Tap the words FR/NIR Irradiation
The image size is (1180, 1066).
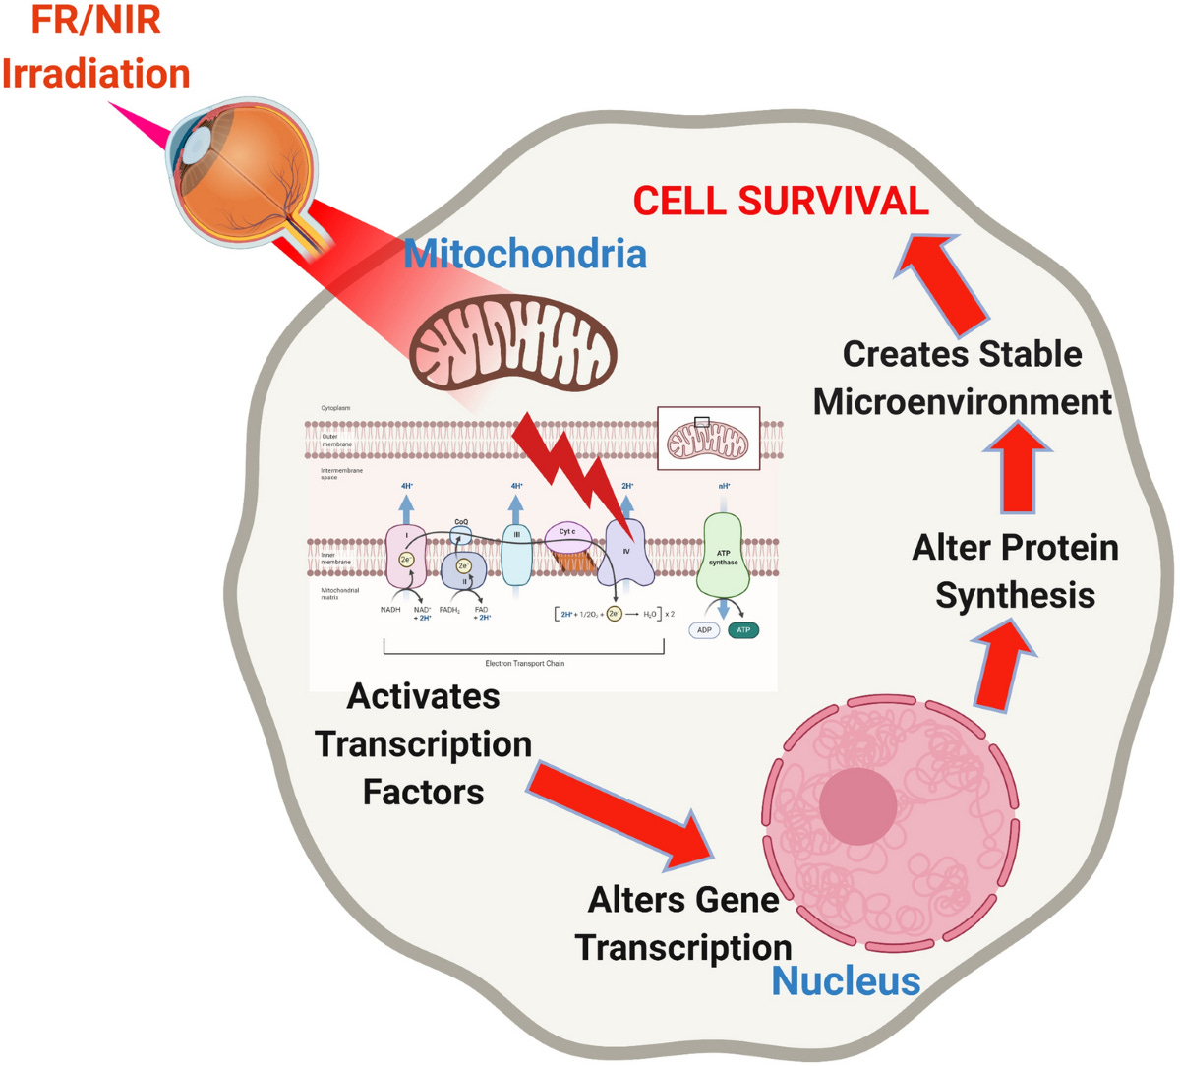[95, 47]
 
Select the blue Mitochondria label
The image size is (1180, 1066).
[525, 254]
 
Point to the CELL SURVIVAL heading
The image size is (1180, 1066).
[781, 201]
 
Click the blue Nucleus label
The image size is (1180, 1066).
[846, 980]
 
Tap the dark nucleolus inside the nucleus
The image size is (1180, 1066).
[857, 805]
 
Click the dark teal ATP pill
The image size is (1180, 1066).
[743, 630]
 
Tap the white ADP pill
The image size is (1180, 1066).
[704, 630]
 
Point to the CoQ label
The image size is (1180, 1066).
[461, 522]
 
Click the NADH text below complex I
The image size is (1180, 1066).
[390, 610]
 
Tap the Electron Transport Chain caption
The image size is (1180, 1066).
[524, 664]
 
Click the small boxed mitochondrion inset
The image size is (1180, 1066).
[708, 440]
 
